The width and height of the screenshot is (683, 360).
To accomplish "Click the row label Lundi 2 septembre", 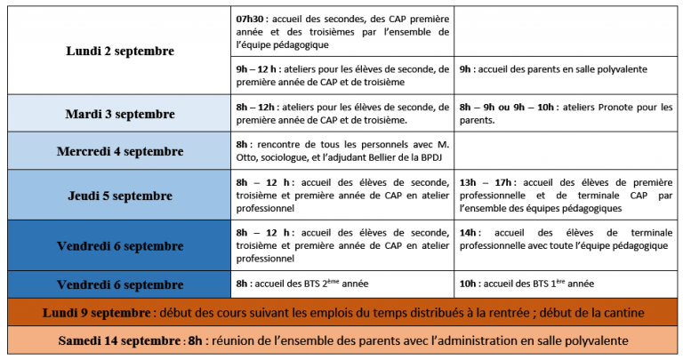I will tap(120, 52).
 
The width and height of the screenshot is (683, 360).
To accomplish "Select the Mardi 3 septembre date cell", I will tap(120, 114).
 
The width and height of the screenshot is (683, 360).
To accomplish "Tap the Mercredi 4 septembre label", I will tap(120, 151).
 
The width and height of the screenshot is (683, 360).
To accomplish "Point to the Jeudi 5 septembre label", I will tap(120, 196).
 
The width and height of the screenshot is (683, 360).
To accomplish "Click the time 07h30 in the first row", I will tap(250, 19).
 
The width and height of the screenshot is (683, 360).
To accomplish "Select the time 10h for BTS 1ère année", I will tap(470, 284).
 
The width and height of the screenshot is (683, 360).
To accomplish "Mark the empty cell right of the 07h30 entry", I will tap(566, 30).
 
